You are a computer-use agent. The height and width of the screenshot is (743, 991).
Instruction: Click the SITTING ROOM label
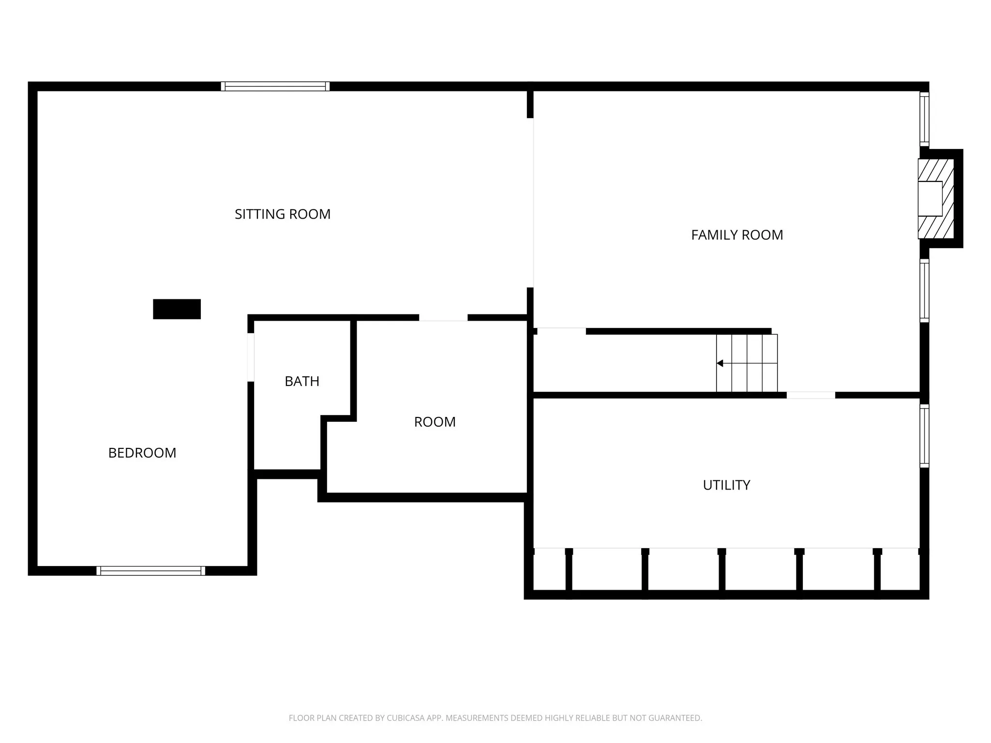click(x=283, y=214)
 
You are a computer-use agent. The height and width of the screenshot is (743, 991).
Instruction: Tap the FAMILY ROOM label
click(x=736, y=235)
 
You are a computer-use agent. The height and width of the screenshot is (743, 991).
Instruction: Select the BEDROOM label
click(x=142, y=453)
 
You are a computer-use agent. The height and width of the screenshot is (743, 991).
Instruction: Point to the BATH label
click(x=302, y=381)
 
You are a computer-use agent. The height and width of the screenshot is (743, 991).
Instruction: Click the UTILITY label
click(x=726, y=485)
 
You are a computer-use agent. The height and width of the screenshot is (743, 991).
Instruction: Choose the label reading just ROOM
click(x=435, y=422)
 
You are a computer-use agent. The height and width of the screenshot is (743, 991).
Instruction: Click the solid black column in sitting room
click(x=177, y=309)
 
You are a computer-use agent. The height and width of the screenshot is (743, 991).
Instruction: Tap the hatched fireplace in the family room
click(x=936, y=198)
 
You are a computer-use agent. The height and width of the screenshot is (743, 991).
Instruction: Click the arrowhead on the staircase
click(x=720, y=363)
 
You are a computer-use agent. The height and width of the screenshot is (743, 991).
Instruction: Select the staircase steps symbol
click(x=747, y=363)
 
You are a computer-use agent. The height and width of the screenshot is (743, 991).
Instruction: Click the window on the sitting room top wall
click(x=275, y=87)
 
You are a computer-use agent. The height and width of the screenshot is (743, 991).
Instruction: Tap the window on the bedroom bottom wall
click(x=150, y=571)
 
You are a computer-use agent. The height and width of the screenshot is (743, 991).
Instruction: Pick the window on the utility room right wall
click(x=924, y=436)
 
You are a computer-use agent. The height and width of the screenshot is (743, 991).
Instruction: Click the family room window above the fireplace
click(x=924, y=119)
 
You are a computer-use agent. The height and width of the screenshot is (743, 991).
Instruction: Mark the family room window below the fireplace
click(x=924, y=291)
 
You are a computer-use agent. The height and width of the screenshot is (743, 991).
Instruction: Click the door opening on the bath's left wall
click(x=251, y=357)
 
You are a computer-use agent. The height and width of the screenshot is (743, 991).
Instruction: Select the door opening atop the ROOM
click(x=443, y=318)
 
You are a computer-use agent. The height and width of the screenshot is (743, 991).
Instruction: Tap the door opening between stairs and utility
click(x=811, y=395)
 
